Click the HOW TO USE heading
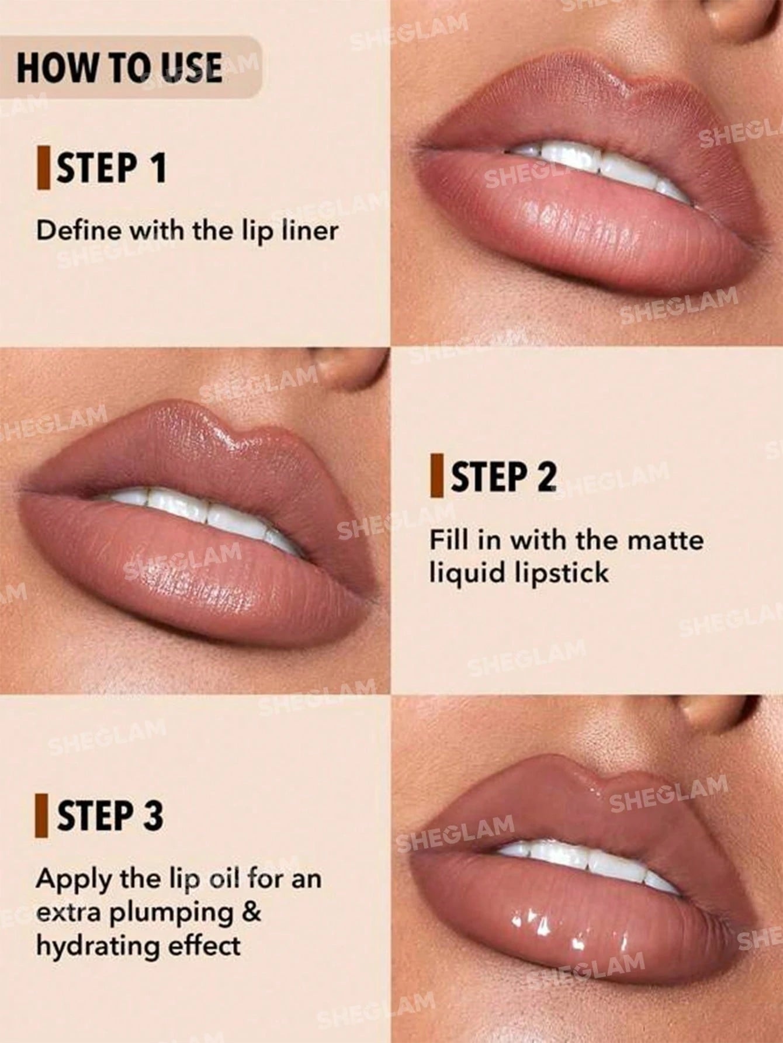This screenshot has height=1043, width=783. pos(119,67)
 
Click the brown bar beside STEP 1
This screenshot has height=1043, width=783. pos(42,168)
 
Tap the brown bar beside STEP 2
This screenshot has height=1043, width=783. pos(435,477)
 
